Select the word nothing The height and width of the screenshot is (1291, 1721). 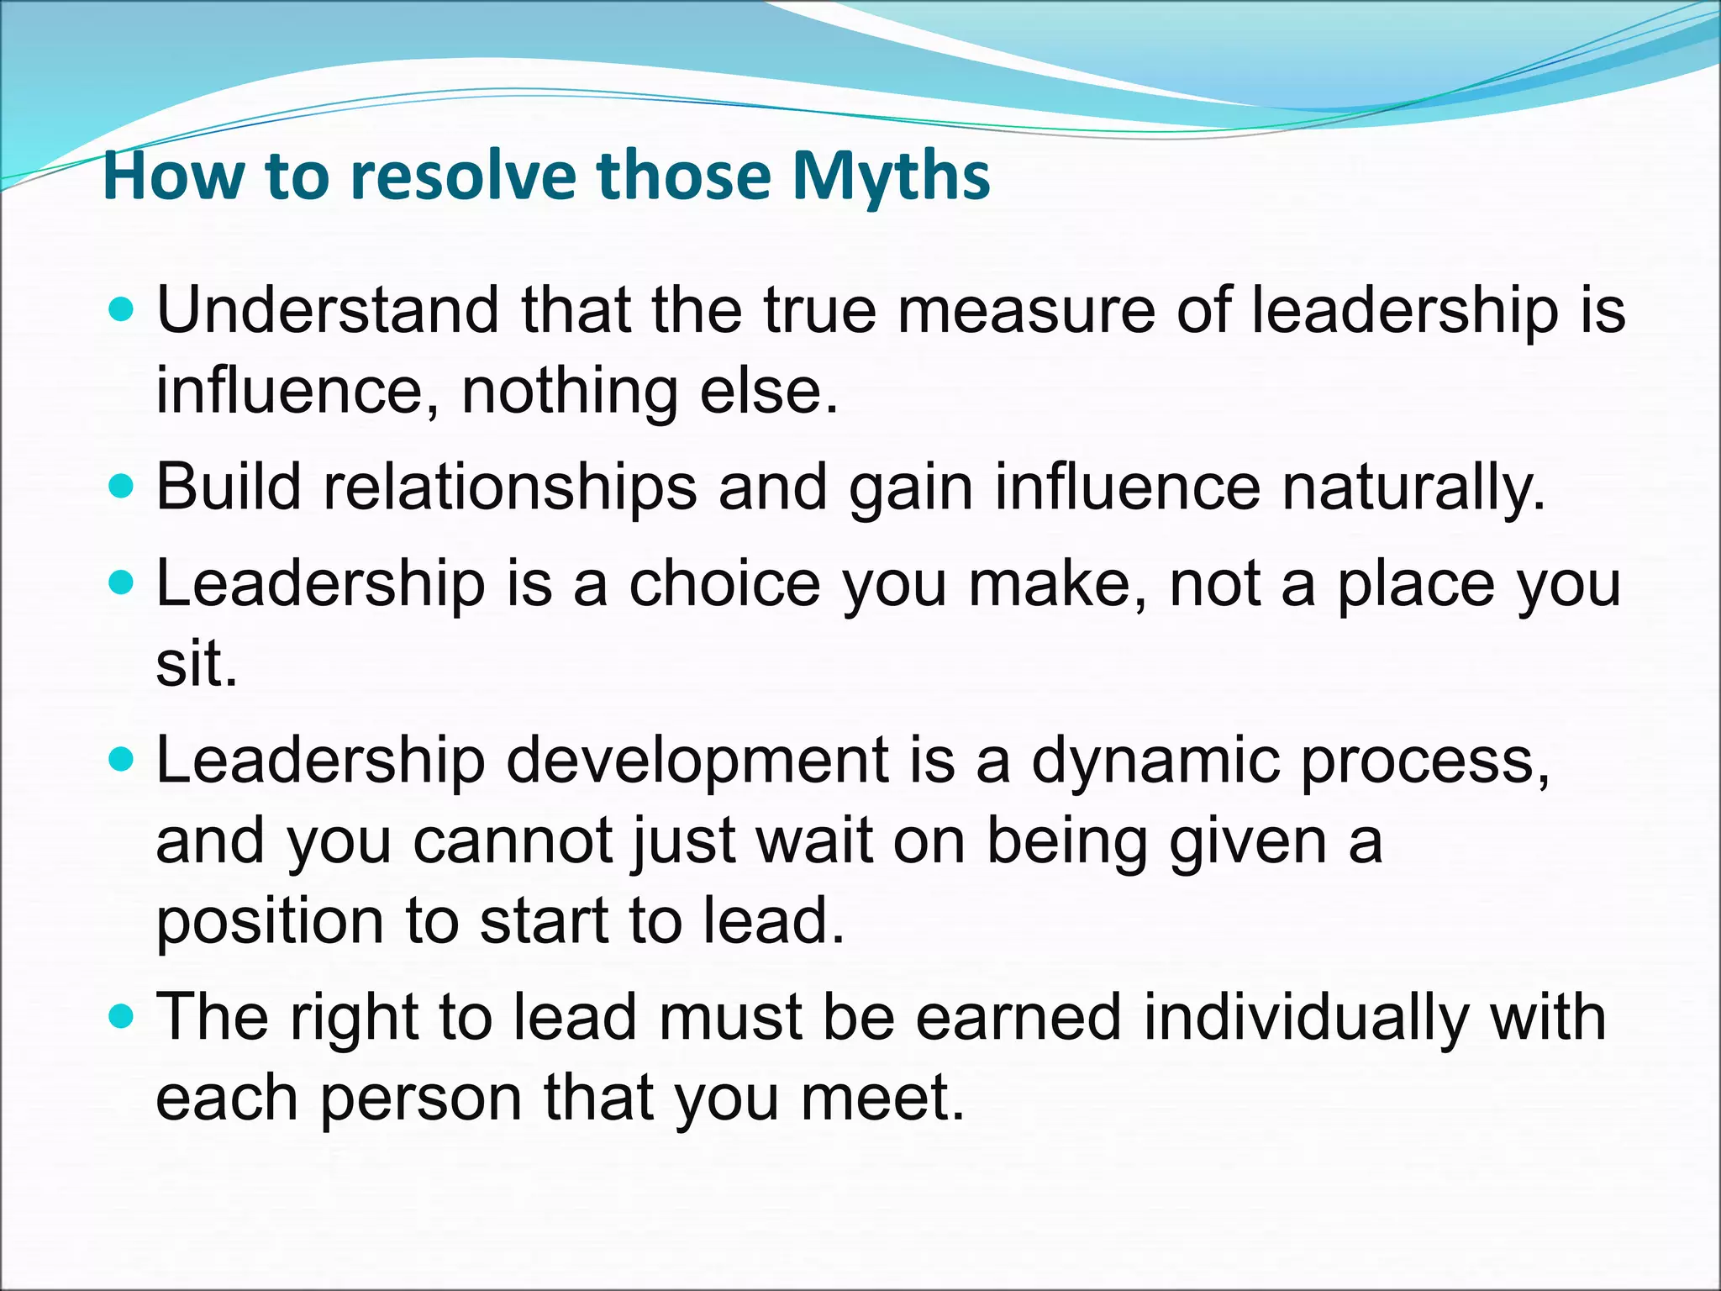tap(569, 391)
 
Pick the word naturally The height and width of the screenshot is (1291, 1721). tap(1413, 487)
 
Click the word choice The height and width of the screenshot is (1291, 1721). tap(724, 583)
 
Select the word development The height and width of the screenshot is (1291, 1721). tap(697, 761)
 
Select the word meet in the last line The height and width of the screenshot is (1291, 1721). tap(882, 1098)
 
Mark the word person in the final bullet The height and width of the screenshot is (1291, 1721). tap(420, 1098)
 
